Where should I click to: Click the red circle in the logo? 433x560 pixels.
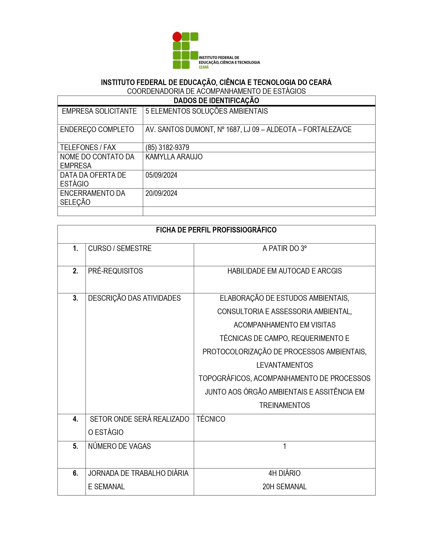(x=177, y=37)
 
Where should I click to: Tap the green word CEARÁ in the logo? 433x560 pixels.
(x=204, y=67)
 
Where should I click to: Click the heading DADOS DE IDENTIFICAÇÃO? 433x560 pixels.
(x=216, y=100)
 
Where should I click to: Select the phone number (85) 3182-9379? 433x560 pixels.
(x=167, y=147)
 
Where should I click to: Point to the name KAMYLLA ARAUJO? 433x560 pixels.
(x=174, y=157)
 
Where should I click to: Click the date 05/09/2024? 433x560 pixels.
(x=161, y=175)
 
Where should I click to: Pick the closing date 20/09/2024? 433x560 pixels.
(x=161, y=193)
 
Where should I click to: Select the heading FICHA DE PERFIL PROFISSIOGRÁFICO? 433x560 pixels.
(x=216, y=230)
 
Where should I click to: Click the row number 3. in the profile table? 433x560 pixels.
(x=75, y=298)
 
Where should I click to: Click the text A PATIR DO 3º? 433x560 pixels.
(x=284, y=248)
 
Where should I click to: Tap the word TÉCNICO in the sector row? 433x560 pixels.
(x=211, y=419)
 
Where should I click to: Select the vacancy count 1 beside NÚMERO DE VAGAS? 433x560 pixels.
(x=284, y=446)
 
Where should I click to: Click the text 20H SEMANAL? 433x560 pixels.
(x=284, y=487)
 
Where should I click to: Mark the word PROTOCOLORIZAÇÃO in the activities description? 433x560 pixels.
(x=237, y=352)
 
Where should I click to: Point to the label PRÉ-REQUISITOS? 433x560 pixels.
(x=115, y=271)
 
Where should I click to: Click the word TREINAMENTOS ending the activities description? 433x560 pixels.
(x=284, y=405)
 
